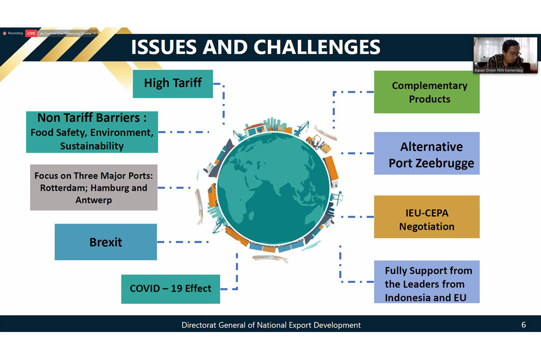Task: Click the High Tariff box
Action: [x=173, y=84]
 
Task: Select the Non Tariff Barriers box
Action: [x=92, y=132]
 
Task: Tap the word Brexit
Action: [x=106, y=242]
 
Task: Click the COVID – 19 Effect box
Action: [x=171, y=289]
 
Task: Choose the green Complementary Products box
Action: [x=427, y=92]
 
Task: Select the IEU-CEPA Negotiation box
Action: [x=427, y=217]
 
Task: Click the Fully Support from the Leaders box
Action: [x=427, y=282]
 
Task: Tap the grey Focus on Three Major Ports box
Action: [x=94, y=187]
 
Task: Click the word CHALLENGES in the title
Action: [x=317, y=47]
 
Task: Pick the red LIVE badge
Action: [x=31, y=33]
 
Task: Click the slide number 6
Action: [x=524, y=325]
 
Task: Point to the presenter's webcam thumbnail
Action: [x=505, y=55]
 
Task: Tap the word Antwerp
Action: [x=94, y=201]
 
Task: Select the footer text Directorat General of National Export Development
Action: [x=271, y=325]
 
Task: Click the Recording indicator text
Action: [x=15, y=33]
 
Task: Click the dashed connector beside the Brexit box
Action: [x=183, y=242]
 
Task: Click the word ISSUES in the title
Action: [x=164, y=47]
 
